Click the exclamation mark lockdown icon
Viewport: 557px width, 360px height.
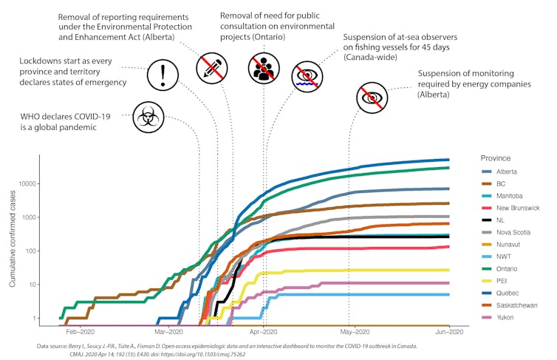(x=163, y=75)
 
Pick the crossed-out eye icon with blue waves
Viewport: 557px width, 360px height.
(x=310, y=75)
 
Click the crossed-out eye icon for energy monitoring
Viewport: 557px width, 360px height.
(x=372, y=98)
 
